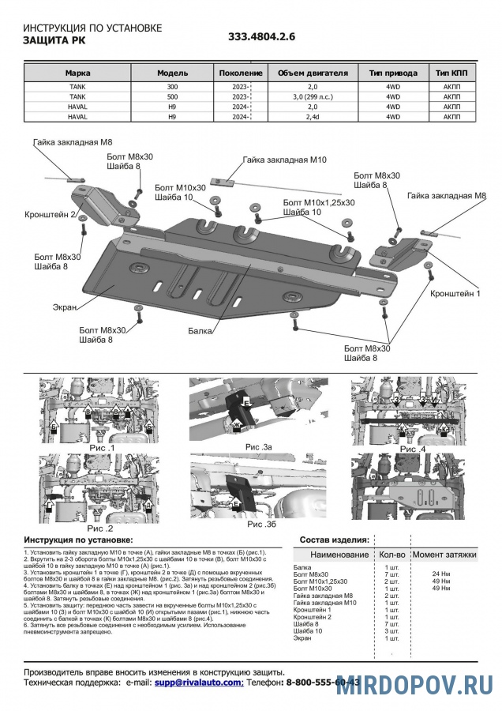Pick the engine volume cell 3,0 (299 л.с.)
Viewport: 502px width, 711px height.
click(x=312, y=97)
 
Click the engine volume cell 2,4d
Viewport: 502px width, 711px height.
click(x=312, y=116)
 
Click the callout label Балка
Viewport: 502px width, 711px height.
click(x=200, y=332)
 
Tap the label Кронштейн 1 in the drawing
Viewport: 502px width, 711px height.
click(x=455, y=293)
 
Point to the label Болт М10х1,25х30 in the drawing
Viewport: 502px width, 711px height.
click(x=318, y=203)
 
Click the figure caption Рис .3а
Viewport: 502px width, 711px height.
click(x=258, y=447)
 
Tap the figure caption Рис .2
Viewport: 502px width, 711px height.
click(x=100, y=527)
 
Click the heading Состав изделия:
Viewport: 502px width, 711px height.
click(x=335, y=540)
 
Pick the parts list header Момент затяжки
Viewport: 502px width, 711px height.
click(x=445, y=555)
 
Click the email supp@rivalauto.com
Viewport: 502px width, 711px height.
click(x=198, y=681)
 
